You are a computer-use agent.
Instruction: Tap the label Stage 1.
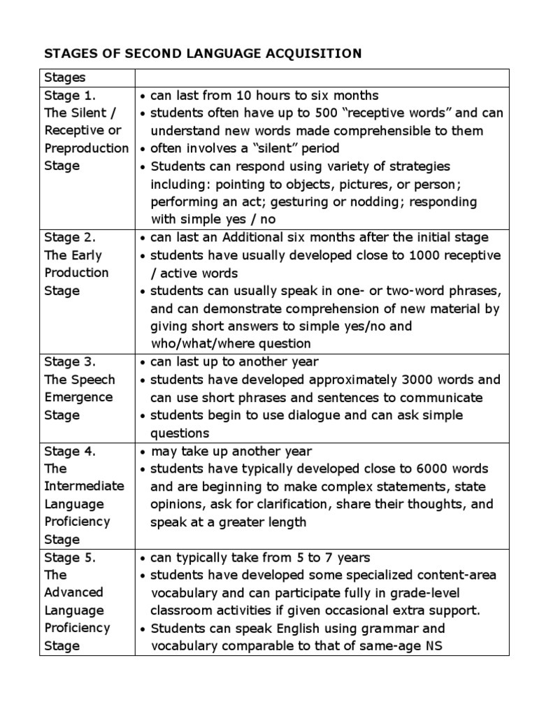70,95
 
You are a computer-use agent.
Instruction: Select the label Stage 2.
70,238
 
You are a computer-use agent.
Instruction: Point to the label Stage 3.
70,362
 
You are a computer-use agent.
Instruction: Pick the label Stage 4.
70,451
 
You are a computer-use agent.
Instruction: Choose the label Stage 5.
70,558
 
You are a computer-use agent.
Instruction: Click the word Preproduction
87,148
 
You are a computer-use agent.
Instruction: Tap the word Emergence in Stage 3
79,397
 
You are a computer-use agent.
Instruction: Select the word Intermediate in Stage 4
84,486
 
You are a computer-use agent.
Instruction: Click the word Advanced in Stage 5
73,593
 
